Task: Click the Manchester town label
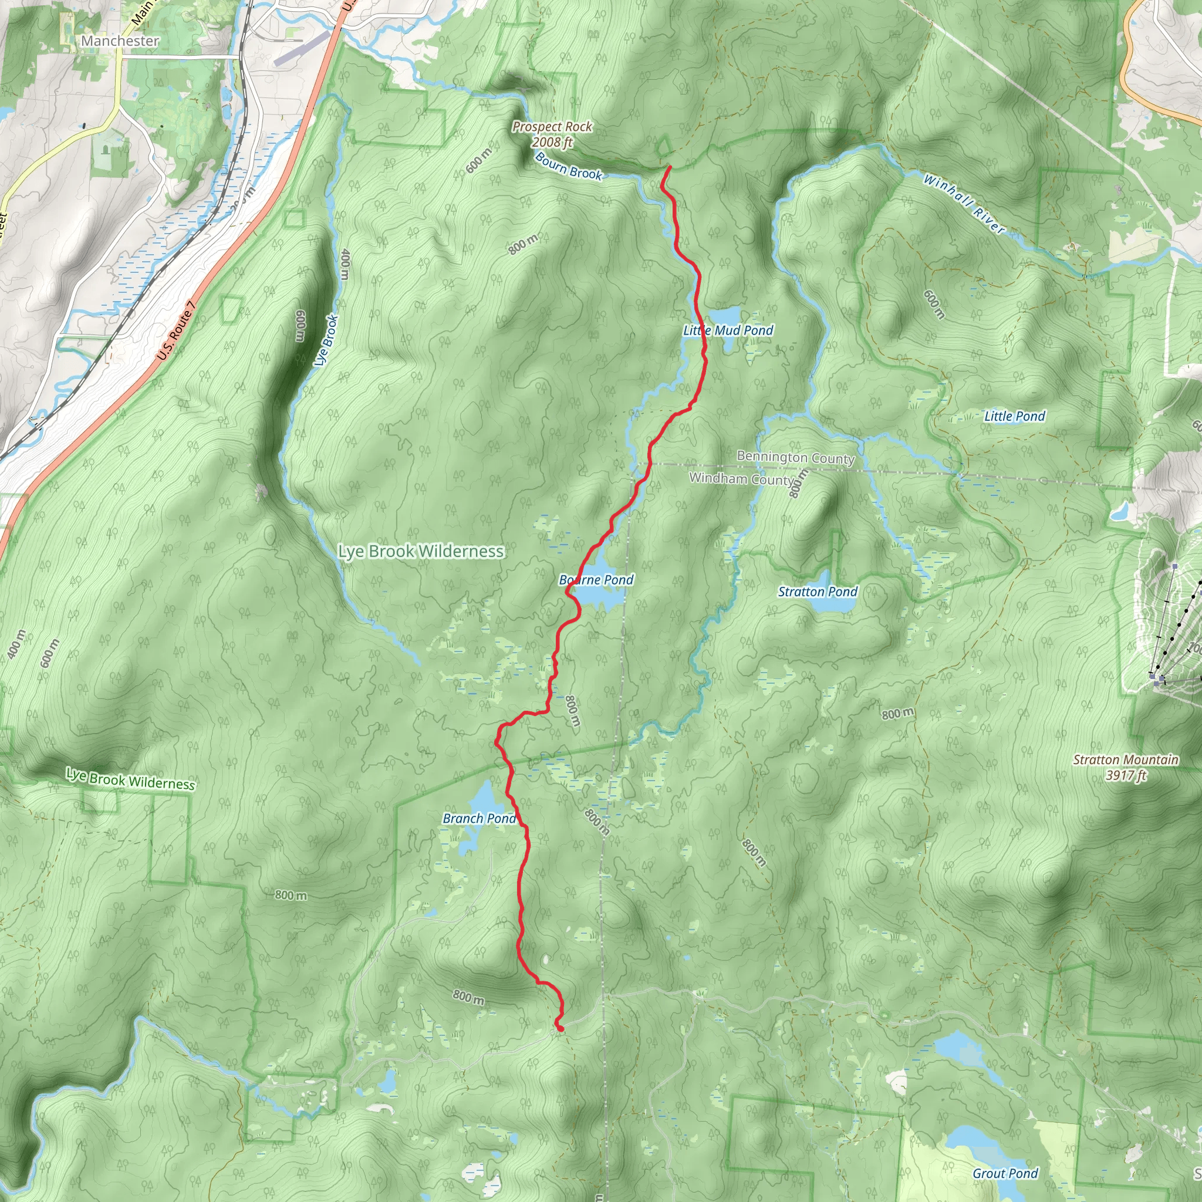(x=120, y=40)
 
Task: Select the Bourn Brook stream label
(x=568, y=166)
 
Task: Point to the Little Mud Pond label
(x=728, y=330)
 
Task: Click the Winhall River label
(x=964, y=204)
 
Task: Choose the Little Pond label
(x=1014, y=416)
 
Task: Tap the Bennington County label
(x=795, y=457)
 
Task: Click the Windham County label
(x=742, y=478)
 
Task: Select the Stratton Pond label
(x=818, y=592)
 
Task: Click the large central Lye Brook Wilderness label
(x=421, y=551)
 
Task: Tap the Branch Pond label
(x=479, y=818)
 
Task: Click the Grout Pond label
(x=1005, y=1173)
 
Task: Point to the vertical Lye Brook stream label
(x=326, y=340)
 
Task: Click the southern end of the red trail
(x=561, y=1028)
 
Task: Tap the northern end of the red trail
(x=670, y=167)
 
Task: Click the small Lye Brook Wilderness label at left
(x=130, y=779)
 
